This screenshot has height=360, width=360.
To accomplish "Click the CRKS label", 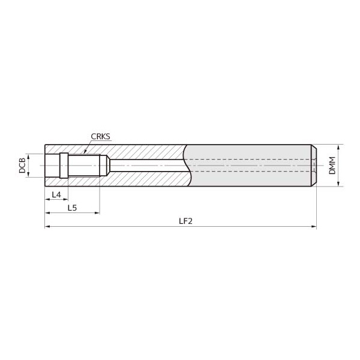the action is (101, 136).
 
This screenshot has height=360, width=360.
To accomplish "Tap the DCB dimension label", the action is (22, 166).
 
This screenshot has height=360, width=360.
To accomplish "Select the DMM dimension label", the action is (332, 166).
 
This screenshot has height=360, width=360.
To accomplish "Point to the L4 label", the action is (56, 194).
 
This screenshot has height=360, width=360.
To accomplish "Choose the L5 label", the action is (72, 208).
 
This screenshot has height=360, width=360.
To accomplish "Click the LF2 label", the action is (186, 221).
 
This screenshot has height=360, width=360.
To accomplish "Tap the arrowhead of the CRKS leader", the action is (85, 152).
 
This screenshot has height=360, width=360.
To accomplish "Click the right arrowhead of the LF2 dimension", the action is (314, 227).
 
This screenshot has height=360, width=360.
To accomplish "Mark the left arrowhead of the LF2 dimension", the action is (47, 227).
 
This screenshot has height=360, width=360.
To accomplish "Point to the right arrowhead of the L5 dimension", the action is (97, 213).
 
